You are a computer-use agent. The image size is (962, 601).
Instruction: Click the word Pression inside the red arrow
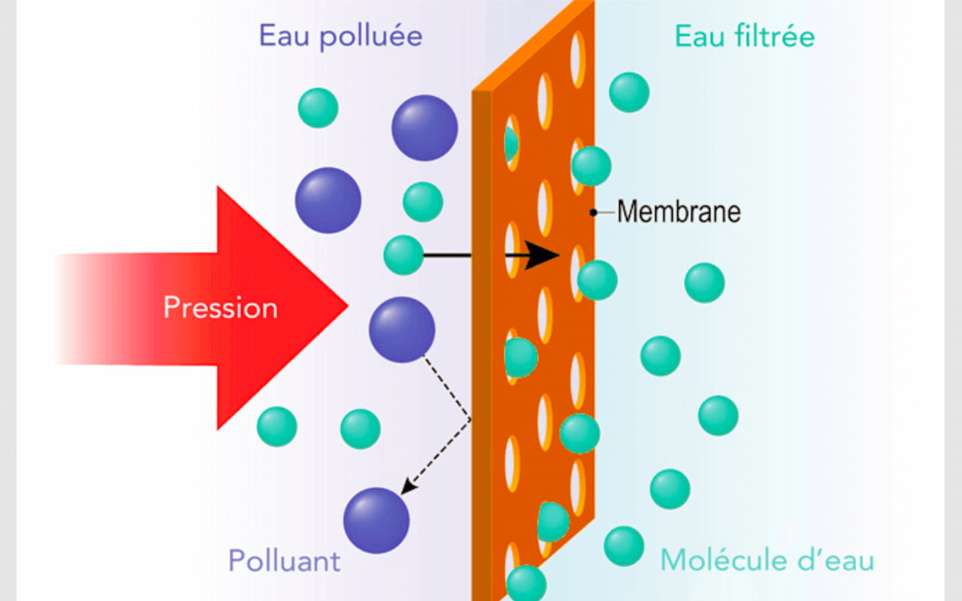[x=220, y=308]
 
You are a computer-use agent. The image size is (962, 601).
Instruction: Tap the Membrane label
[x=679, y=212]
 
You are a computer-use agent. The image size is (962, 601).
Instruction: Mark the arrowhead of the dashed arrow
[x=407, y=489]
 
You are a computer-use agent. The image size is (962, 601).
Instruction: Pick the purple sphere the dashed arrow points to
[x=376, y=521]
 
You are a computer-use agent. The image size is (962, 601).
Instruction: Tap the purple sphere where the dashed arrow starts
[x=401, y=330]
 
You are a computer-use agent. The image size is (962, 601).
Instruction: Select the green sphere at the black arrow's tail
[x=404, y=255]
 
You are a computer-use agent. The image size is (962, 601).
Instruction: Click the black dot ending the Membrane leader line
[x=594, y=213]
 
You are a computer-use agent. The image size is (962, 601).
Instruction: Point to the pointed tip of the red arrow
[x=346, y=306]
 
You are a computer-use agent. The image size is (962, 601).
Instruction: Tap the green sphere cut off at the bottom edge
[x=526, y=584]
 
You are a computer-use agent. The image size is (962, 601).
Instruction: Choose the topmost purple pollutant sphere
[x=425, y=128]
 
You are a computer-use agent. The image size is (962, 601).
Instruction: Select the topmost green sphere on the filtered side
[x=629, y=92]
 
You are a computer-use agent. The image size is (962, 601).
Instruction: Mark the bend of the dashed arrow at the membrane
[x=470, y=418]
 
